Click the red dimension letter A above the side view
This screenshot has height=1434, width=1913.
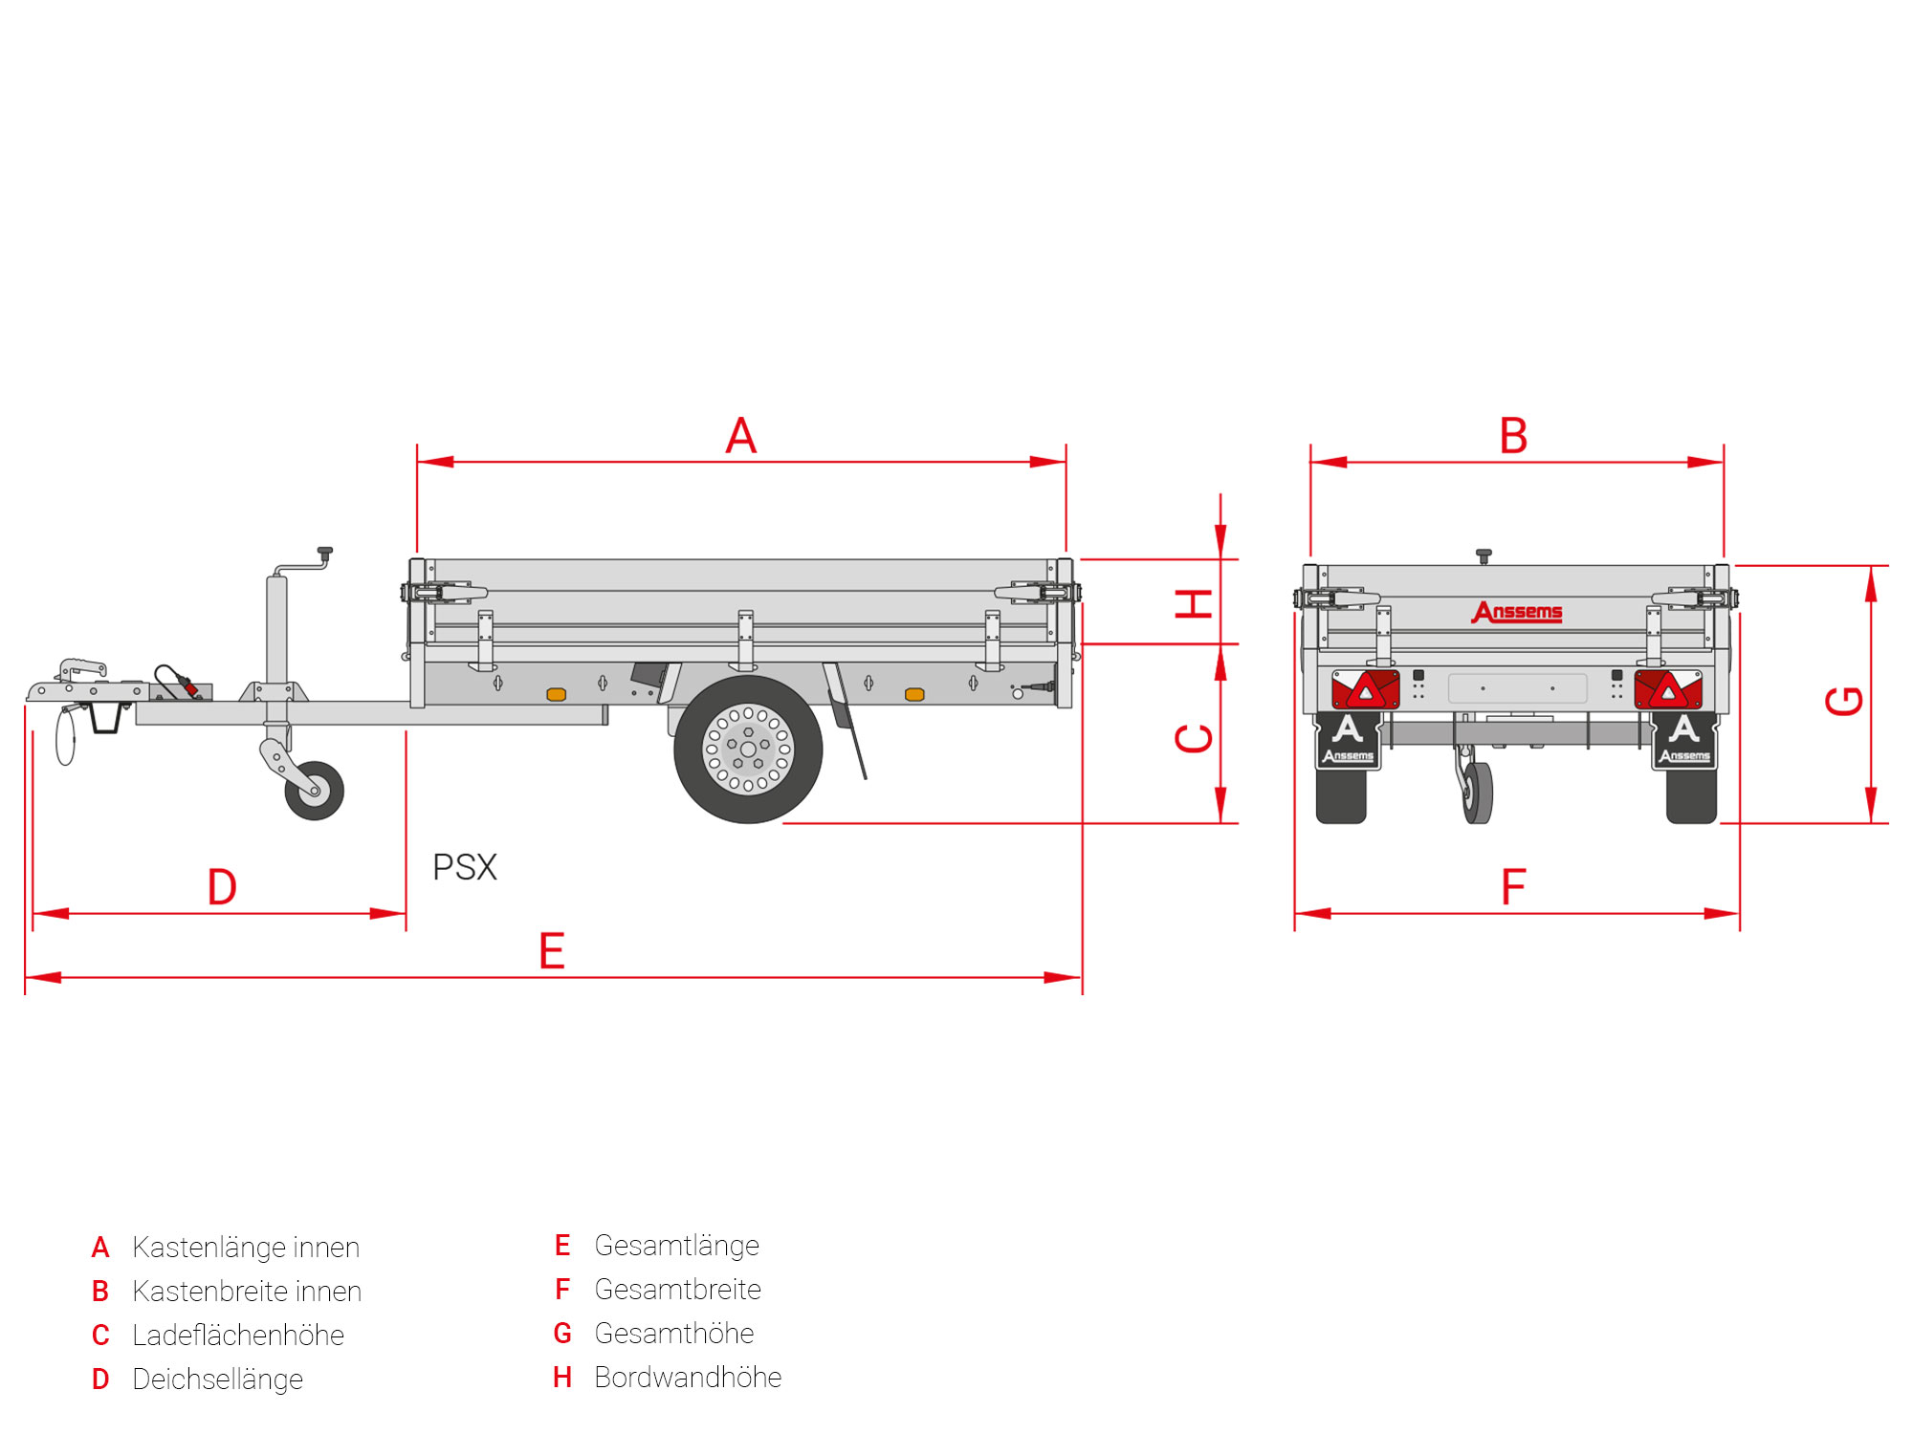point(741,436)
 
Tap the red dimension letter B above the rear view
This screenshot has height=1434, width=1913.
point(1513,436)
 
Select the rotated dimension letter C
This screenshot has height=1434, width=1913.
point(1194,738)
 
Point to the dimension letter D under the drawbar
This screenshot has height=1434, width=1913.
point(222,887)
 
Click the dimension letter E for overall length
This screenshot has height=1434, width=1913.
point(552,951)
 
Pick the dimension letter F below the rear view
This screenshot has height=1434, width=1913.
point(1513,887)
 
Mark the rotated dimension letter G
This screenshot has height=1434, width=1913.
point(1844,701)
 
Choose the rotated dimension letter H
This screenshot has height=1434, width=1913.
point(1194,604)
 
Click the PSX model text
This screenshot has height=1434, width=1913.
point(465,867)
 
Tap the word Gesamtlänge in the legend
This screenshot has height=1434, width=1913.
point(676,1245)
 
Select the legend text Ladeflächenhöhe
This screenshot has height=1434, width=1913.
point(238,1335)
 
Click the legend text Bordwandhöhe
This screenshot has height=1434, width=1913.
point(688,1377)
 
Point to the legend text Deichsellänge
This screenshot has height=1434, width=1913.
point(217,1379)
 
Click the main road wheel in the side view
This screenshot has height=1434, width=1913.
point(748,749)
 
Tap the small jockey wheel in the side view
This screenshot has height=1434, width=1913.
point(315,791)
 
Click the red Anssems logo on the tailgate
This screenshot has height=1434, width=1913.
point(1517,612)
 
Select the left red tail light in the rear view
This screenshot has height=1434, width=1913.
point(1365,688)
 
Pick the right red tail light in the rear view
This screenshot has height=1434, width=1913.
point(1668,688)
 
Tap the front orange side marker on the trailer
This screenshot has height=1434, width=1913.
point(556,694)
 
